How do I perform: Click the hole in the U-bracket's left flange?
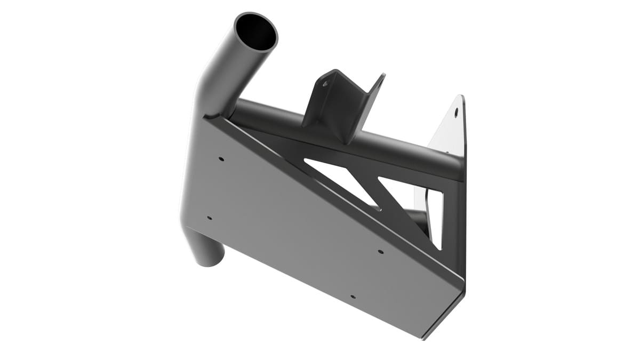click(x=325, y=84)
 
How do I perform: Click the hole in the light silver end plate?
click(x=456, y=113)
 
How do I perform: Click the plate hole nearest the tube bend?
click(x=221, y=158)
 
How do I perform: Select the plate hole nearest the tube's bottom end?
click(x=209, y=218)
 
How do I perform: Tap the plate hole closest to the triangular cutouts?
click(x=380, y=251)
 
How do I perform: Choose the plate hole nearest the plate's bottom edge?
click(x=352, y=296)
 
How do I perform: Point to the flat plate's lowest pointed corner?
click(x=424, y=337)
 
